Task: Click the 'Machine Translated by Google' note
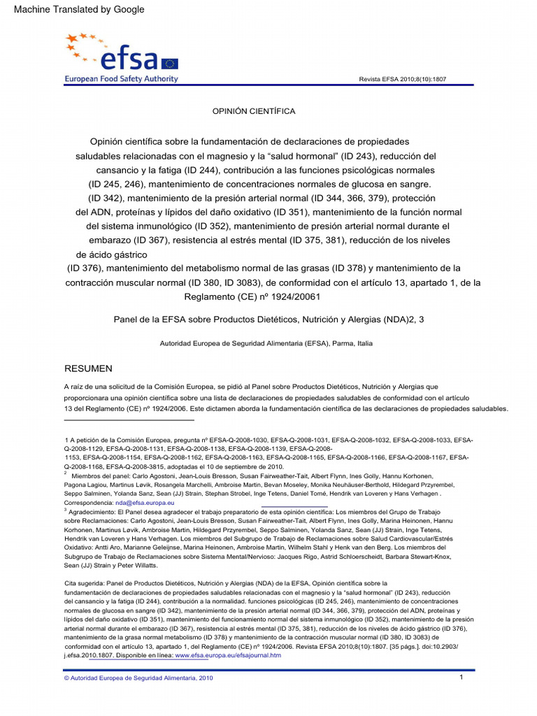[79, 10]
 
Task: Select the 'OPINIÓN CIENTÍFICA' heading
[254, 111]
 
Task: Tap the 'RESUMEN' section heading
[88, 368]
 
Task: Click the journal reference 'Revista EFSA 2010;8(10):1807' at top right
[402, 79]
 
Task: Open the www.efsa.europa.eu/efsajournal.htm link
[227, 655]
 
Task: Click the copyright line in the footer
[138, 678]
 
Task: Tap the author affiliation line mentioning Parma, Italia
[266, 343]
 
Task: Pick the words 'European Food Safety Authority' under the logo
[121, 79]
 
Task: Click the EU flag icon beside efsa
[170, 64]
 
